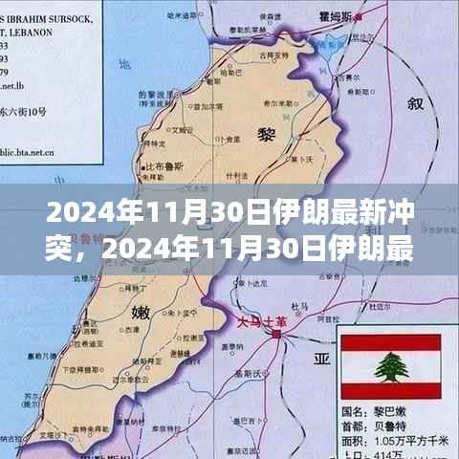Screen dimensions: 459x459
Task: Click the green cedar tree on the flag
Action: click(390, 364)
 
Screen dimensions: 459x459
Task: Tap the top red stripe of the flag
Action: click(390, 341)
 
